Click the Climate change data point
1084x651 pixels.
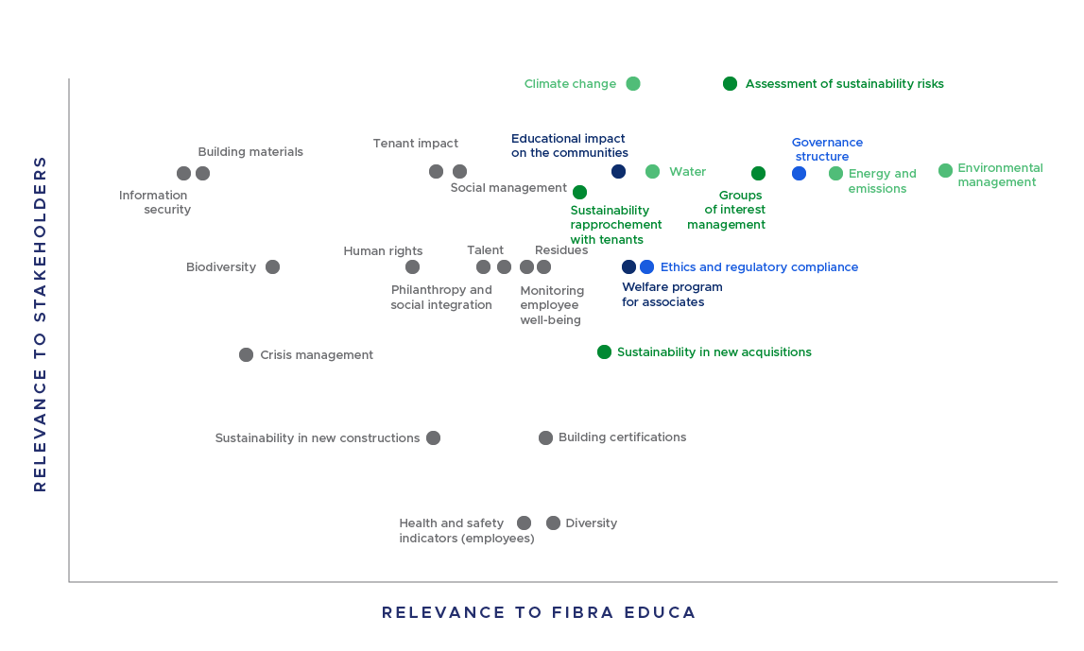[x=633, y=84]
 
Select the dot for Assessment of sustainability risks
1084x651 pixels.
[x=730, y=84]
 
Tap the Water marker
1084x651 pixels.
[x=652, y=172]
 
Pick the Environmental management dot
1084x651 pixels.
[x=945, y=171]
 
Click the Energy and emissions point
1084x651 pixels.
[x=835, y=174]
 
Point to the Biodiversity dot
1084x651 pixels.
[x=272, y=267]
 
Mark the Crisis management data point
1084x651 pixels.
[x=246, y=355]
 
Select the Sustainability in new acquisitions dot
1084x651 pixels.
[x=604, y=352]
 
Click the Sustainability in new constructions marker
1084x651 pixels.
[x=433, y=438]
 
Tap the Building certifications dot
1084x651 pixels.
[x=545, y=438]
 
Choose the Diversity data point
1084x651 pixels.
[x=553, y=523]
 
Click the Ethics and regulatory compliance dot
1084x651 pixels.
[x=646, y=267]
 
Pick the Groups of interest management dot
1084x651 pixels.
[x=758, y=174]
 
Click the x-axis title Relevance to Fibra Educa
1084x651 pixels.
[x=539, y=612]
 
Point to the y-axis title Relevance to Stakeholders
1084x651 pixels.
[x=40, y=323]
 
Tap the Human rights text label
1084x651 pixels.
[x=383, y=251]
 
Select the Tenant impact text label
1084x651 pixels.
[x=415, y=144]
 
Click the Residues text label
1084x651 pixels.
[x=561, y=250]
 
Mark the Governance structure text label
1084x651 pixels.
[x=826, y=149]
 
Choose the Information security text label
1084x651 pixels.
[x=154, y=202]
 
